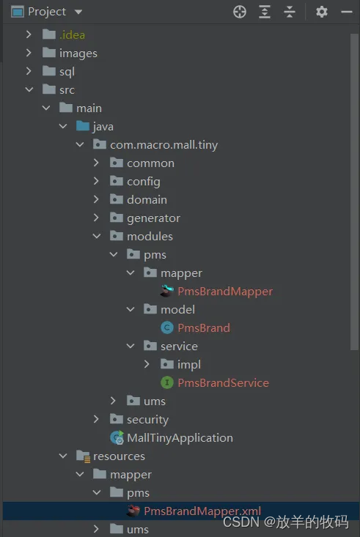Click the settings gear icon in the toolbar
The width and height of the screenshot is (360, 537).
click(x=321, y=12)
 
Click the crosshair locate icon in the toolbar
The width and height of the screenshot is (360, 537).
click(x=240, y=12)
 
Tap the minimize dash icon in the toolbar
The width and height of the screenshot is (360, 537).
click(x=346, y=12)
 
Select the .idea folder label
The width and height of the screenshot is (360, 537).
click(x=73, y=34)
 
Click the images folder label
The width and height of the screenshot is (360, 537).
click(x=78, y=53)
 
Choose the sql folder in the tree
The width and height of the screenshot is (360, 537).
click(x=67, y=71)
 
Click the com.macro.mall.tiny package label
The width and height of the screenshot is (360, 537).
click(x=164, y=144)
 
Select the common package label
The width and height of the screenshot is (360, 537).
click(x=150, y=163)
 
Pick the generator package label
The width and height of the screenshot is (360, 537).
click(x=153, y=218)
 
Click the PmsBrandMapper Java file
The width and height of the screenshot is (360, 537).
click(x=224, y=291)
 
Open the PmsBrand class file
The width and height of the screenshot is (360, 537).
click(x=203, y=327)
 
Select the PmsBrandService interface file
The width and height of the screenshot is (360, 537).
click(x=223, y=382)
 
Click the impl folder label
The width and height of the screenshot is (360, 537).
click(x=188, y=364)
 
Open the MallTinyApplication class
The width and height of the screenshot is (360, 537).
click(x=180, y=437)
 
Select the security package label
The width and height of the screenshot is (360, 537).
click(x=147, y=419)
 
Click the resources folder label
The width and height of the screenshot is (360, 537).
click(x=119, y=456)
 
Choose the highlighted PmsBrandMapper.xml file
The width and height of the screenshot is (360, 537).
click(x=202, y=511)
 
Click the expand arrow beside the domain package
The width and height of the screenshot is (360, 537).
click(x=96, y=199)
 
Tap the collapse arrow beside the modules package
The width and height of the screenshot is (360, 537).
click(x=96, y=236)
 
